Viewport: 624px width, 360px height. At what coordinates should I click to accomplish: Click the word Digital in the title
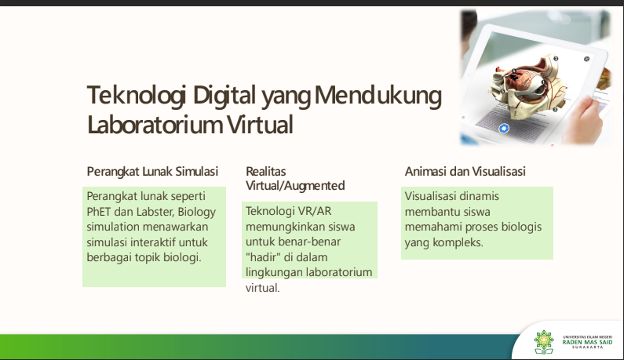tap(224, 96)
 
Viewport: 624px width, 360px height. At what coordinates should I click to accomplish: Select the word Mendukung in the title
tap(378, 96)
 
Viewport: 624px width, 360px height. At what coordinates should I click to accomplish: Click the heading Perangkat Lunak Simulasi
tap(152, 172)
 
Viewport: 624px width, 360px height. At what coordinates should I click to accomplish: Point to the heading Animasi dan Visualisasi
tap(465, 172)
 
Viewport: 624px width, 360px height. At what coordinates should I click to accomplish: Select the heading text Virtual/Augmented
tap(295, 186)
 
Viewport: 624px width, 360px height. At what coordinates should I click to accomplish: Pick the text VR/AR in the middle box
tap(316, 211)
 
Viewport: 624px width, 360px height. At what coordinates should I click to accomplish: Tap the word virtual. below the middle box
tap(263, 288)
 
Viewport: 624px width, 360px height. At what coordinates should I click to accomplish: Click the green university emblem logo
tap(544, 342)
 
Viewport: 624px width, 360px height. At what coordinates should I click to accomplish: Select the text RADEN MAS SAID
tap(587, 342)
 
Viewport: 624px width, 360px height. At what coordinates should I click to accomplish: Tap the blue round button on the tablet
tap(504, 129)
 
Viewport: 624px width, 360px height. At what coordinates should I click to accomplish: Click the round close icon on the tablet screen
tap(586, 59)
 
